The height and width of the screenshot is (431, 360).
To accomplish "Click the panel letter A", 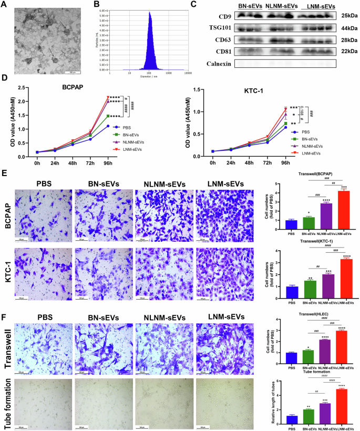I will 4,4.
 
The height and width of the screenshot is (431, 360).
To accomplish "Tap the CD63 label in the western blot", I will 215,40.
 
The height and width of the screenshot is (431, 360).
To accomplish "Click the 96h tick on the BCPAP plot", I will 108,162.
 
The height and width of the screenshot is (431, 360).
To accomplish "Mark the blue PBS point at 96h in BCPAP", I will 108,126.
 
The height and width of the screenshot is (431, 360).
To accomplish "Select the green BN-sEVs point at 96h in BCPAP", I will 108,116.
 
